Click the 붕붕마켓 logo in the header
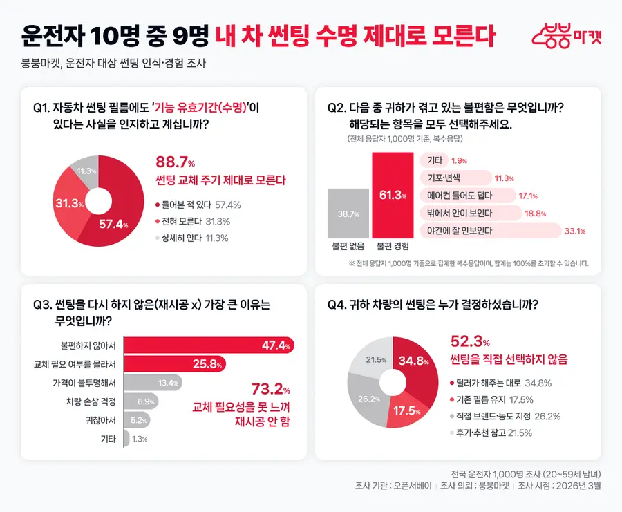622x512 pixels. [567, 36]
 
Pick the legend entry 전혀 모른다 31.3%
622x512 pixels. [193, 221]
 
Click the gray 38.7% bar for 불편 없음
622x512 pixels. [348, 214]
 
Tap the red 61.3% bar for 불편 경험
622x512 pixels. [393, 195]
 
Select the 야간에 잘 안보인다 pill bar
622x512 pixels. [491, 231]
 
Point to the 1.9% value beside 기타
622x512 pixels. [459, 160]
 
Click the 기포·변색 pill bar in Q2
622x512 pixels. [456, 178]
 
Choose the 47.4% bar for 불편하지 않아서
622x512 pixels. [209, 345]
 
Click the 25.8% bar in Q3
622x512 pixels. [175, 363]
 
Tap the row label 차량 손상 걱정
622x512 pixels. [91, 401]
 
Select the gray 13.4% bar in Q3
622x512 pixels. [153, 383]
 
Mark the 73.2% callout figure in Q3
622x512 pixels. [270, 389]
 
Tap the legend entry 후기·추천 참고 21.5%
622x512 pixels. [491, 433]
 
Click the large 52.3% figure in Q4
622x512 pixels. [470, 341]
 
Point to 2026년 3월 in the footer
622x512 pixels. [578, 486]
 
